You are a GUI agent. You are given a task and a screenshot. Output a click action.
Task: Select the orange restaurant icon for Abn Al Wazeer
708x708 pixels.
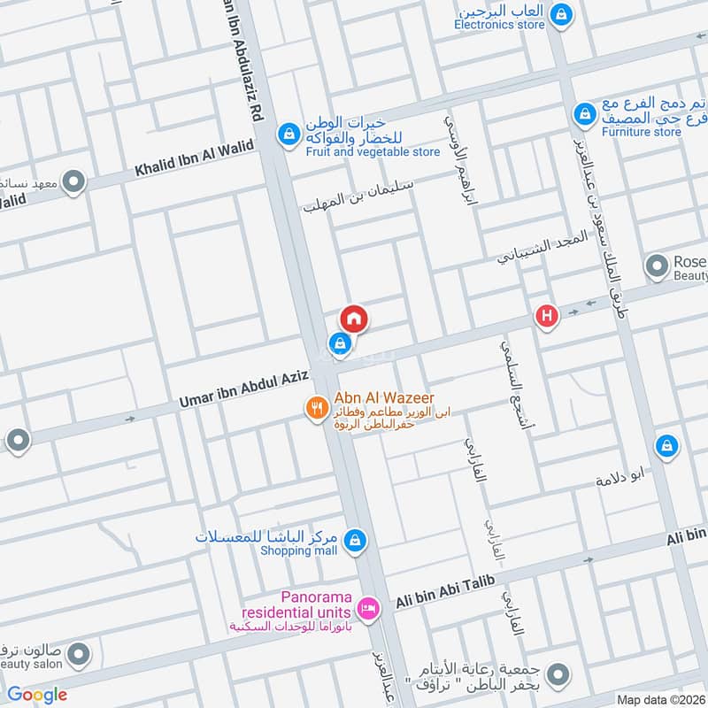click(316, 408)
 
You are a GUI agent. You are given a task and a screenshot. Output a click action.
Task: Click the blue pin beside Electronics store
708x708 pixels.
click(560, 15)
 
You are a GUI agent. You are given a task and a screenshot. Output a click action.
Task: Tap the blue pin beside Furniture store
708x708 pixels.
click(583, 115)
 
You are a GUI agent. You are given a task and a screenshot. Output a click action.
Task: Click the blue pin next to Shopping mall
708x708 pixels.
click(355, 540)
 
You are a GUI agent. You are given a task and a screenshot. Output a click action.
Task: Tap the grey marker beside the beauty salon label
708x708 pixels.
click(79, 655)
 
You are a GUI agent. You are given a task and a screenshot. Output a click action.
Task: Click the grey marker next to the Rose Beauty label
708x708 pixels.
click(657, 265)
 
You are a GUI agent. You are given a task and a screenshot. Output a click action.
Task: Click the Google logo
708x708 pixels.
click(37, 694)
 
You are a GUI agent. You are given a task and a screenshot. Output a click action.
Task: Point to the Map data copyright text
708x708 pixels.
click(659, 699)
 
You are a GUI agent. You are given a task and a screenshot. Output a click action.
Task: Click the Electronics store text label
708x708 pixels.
click(499, 25)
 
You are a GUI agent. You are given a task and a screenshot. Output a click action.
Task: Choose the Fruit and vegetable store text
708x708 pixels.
click(373, 152)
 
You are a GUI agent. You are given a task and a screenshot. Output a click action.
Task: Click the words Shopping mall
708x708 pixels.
click(298, 550)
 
